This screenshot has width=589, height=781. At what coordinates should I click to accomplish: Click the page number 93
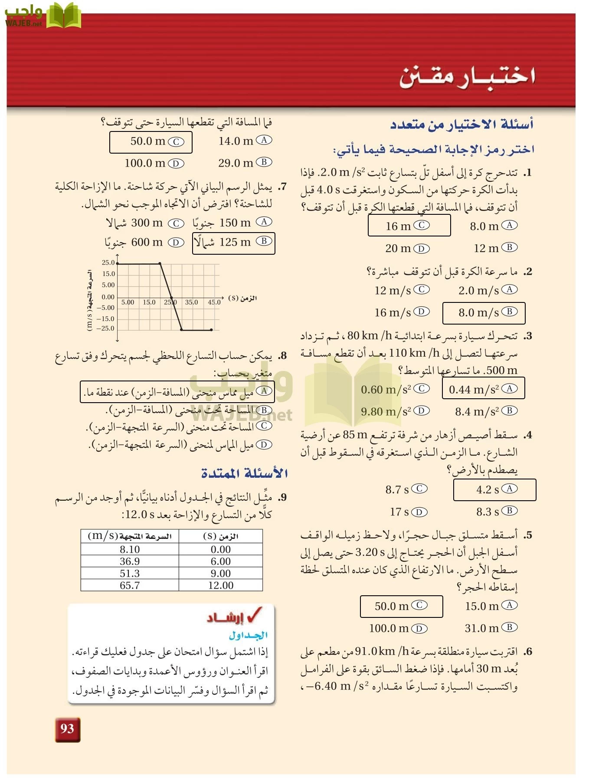point(67,729)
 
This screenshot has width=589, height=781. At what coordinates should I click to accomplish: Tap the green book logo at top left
point(63,16)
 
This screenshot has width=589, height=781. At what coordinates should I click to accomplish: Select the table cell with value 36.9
point(130,561)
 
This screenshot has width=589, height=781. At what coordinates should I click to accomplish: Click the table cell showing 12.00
point(221,585)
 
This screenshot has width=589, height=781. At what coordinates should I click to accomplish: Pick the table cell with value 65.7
point(130,585)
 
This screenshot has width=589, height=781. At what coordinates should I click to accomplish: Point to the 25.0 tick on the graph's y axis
point(108,263)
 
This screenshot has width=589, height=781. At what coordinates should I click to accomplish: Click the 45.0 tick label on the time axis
point(214,302)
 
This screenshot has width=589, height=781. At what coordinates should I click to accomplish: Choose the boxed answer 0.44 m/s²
point(483,389)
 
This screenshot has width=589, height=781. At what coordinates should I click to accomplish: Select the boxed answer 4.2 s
point(494,490)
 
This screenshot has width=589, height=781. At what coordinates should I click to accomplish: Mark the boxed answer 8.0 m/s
point(483,312)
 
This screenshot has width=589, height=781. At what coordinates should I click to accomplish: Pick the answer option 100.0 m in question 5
point(398,628)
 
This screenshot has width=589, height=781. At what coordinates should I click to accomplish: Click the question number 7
point(282,187)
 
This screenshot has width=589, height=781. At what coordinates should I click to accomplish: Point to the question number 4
point(527,435)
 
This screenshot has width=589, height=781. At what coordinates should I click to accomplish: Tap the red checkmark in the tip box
point(255,614)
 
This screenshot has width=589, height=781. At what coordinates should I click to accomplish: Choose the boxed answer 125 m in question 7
point(234,242)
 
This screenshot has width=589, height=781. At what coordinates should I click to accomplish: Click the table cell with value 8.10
point(130,549)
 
